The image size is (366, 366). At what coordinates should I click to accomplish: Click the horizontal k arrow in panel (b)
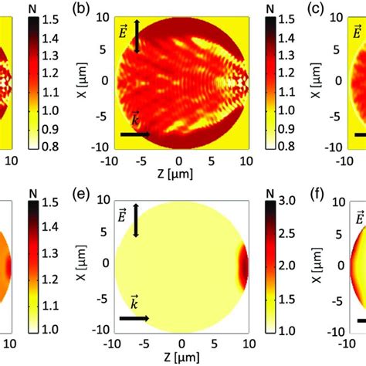(135, 134)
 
